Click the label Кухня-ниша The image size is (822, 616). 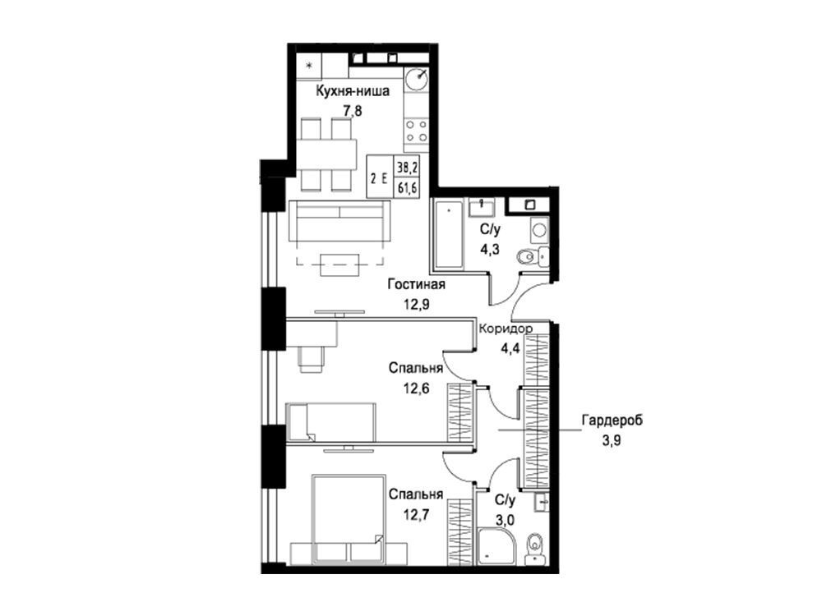353,92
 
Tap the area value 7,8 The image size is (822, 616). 353,111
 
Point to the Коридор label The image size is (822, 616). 506,329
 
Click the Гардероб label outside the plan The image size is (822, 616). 612,420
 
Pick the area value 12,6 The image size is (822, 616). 416,388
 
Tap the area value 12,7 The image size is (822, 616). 416,514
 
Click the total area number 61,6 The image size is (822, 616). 408,188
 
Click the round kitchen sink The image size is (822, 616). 417,80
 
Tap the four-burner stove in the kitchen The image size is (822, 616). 417,131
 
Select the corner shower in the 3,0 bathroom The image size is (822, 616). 496,545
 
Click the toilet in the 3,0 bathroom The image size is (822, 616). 535,547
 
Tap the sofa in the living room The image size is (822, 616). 339,222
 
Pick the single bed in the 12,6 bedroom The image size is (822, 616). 330,421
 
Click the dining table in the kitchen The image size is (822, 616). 326,154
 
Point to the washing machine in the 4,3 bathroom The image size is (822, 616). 539,229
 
